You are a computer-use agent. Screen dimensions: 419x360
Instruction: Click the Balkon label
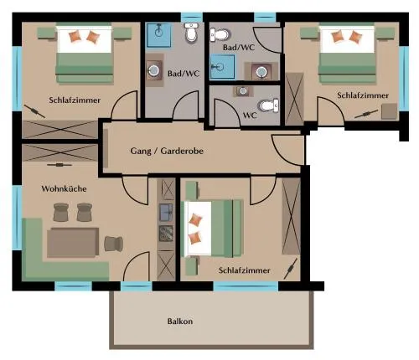tap(180, 321)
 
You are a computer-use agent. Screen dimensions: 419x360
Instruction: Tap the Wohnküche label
tap(64, 188)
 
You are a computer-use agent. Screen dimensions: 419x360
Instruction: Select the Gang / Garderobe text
tap(167, 151)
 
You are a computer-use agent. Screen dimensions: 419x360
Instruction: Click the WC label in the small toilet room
tap(250, 115)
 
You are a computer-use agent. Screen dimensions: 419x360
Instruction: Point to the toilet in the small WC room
tap(270, 105)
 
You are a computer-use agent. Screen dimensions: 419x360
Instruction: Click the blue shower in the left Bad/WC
tap(159, 35)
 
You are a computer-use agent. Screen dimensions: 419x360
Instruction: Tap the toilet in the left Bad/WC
tap(192, 33)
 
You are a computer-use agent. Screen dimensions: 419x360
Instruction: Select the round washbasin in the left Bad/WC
tap(153, 70)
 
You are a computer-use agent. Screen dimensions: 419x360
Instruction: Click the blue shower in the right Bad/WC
tap(222, 66)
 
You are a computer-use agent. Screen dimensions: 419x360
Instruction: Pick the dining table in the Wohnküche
tap(73, 242)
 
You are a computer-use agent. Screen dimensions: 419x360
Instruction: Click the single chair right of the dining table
tap(114, 244)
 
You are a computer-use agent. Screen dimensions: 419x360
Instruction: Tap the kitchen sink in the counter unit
tap(166, 213)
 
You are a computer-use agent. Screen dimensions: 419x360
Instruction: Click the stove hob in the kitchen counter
tap(166, 234)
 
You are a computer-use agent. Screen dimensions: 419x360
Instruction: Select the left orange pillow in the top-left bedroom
tap(75, 36)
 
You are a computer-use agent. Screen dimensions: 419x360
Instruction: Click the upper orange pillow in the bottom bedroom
tap(195, 219)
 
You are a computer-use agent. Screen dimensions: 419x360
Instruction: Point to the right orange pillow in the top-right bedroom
tap(355, 37)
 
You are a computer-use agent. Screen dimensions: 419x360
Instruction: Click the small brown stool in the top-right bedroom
tap(390, 111)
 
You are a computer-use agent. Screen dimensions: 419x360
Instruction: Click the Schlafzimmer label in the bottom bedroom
tap(245, 270)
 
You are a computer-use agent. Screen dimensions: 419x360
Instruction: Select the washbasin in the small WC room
tap(243, 90)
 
